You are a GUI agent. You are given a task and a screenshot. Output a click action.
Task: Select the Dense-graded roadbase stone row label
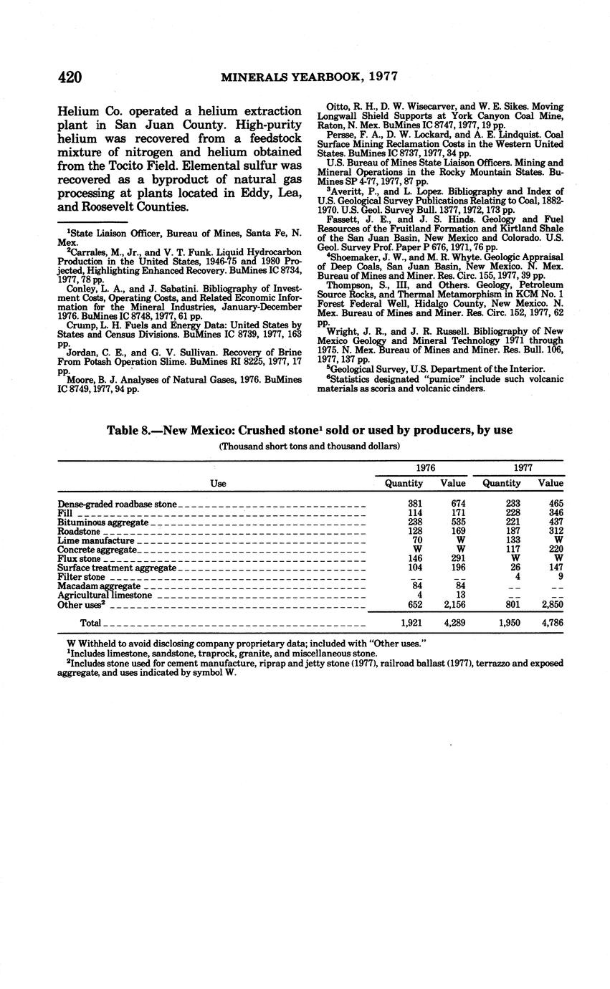click(117, 504)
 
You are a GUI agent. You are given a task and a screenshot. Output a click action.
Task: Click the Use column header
click(218, 484)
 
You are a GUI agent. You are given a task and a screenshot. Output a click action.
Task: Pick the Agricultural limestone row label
click(105, 595)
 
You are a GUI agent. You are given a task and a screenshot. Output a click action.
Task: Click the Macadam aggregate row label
click(99, 586)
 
